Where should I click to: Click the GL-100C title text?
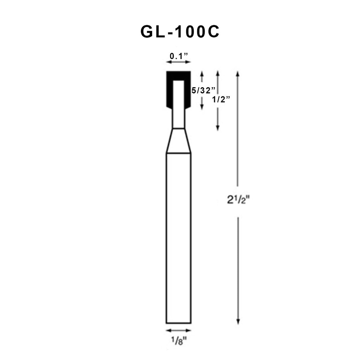tap(180, 32)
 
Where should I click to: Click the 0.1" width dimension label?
tap(179, 56)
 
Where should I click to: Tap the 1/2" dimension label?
tap(221, 100)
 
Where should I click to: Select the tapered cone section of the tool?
tap(178, 141)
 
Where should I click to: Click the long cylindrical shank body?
tap(178, 237)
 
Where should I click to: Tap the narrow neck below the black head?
tap(178, 119)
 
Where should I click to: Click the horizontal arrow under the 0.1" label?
tap(178, 62)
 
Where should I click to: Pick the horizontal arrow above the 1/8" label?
tap(178, 330)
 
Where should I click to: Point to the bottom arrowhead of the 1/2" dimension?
tap(218, 128)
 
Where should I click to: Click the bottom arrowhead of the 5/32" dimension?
tap(202, 107)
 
